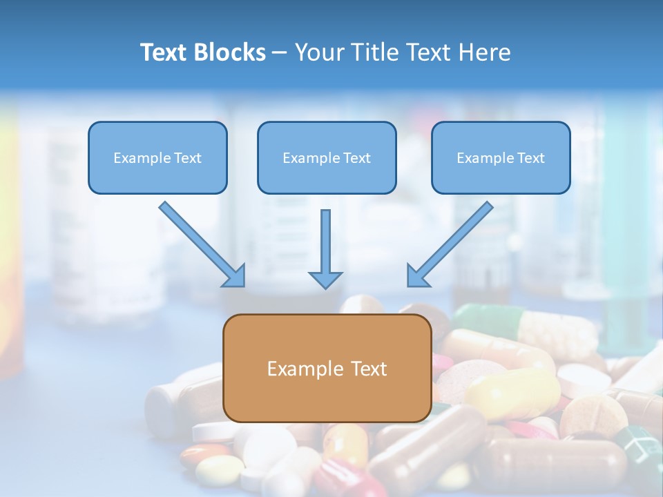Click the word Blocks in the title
click(231, 52)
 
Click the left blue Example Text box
click(157, 158)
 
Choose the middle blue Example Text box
click(327, 158)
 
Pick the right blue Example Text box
click(501, 158)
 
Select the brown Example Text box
click(327, 369)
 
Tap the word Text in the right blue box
click(530, 158)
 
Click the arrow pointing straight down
click(325, 248)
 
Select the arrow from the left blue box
click(202, 244)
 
